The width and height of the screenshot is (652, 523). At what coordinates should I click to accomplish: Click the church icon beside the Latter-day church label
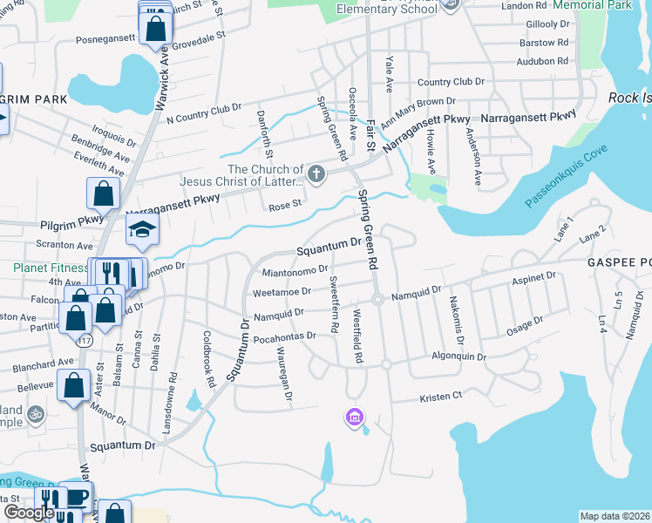316,175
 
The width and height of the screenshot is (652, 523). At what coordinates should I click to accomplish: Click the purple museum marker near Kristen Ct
354,418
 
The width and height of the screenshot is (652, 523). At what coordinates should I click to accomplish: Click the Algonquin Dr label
458,357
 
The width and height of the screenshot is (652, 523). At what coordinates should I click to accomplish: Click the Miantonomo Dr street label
295,271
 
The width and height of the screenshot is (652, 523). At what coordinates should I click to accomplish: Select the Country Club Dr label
451,82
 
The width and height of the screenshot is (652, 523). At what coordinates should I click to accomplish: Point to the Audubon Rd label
542,61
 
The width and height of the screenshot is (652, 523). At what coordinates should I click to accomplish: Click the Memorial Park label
595,5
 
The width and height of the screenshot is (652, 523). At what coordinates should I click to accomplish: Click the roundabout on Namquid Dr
378,300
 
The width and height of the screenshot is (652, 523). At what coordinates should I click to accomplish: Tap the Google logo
29,513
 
